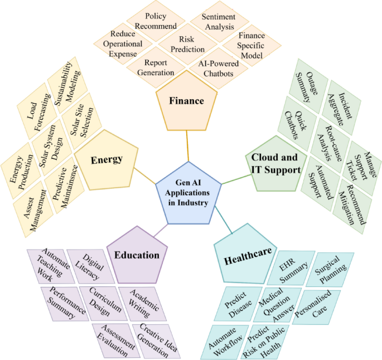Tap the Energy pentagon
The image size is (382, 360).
107,159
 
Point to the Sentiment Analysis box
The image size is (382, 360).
217,22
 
